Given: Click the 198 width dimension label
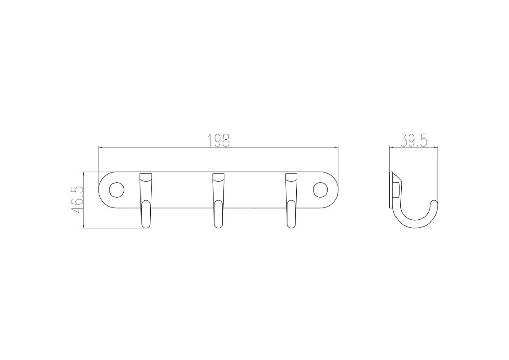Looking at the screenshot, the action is click(x=218, y=141).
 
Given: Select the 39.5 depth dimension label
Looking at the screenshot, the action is click(x=413, y=141).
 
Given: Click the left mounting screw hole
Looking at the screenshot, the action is click(x=117, y=190).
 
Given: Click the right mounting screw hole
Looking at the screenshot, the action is click(x=320, y=190).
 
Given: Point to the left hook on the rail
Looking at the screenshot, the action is click(x=146, y=200).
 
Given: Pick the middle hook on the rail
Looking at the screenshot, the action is click(x=218, y=200).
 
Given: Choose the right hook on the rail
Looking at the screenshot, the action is click(x=291, y=200).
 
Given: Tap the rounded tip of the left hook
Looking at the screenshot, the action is click(x=146, y=225).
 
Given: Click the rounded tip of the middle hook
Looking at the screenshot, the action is click(x=218, y=225).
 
